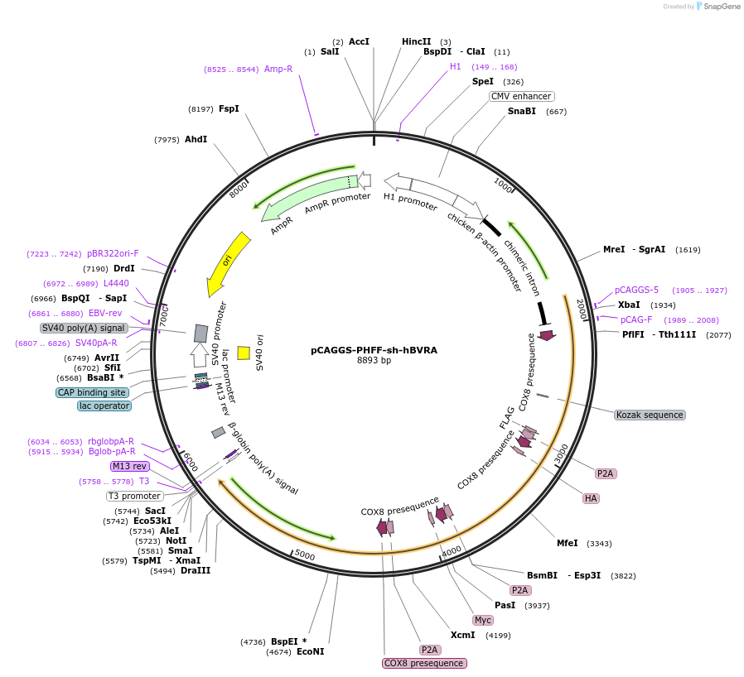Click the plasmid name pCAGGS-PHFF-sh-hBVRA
374,350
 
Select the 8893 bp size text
374,361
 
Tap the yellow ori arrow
228,263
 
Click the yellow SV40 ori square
244,353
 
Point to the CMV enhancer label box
521,96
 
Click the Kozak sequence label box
650,415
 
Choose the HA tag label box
591,498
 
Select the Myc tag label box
483,620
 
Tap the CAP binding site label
92,392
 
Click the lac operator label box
104,406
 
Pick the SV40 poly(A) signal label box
83,328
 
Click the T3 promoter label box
134,496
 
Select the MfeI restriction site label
568,543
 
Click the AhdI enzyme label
196,139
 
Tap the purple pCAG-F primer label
636,319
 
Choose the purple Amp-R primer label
278,69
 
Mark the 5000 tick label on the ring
305,555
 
